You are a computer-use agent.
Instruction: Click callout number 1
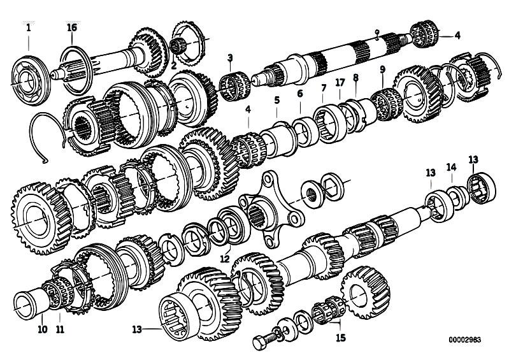(x=28, y=28)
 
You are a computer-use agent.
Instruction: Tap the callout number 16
(x=72, y=28)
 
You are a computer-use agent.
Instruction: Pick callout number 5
(x=277, y=100)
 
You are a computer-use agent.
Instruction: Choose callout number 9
(x=382, y=69)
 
